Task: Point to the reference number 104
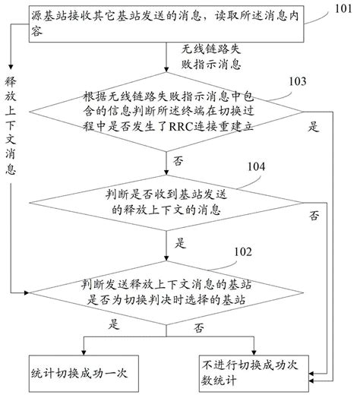[257, 166]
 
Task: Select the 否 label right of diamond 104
[313, 216]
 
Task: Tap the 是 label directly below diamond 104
[180, 245]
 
